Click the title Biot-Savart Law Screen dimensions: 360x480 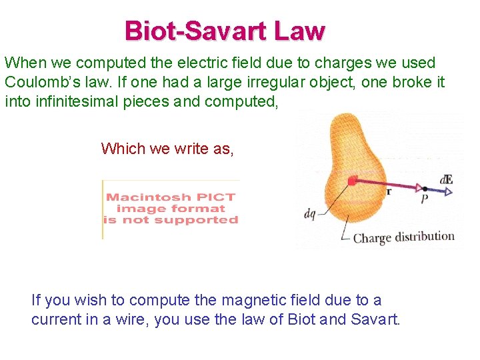tap(225, 31)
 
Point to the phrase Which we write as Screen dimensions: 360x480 tap(167, 148)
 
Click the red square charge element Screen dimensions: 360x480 tap(351, 180)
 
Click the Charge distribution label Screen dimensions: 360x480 tap(403, 237)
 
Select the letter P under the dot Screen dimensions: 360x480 tap(424, 199)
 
